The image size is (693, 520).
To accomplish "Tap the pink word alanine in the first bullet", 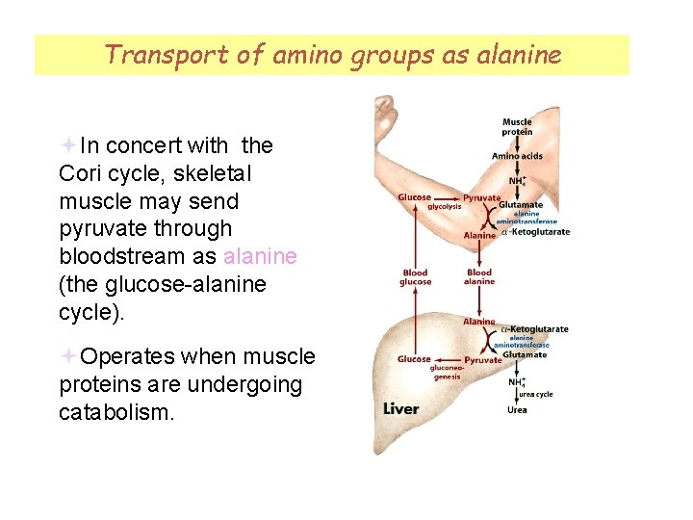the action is coord(260,257).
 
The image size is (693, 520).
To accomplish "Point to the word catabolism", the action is coord(115,412).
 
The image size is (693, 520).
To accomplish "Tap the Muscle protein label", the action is coord(517,126).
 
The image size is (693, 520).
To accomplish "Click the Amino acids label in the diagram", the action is coord(518,156).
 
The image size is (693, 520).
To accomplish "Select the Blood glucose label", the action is coord(415,277).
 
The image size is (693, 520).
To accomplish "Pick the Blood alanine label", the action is coord(479,277).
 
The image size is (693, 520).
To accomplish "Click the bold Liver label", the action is coord(401,408).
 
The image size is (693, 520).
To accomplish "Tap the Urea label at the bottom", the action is coord(517,410).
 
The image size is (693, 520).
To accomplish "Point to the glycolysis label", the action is coord(445,205).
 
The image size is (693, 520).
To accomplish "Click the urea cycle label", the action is coord(536,394).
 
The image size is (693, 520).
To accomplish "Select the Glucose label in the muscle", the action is coord(415,197).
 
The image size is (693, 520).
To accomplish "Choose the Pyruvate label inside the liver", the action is coord(482,359).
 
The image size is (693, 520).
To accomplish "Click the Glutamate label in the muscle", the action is coord(521,204).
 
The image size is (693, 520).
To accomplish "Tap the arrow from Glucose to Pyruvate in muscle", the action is coord(448,197).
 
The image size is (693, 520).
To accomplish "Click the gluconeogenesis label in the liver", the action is coord(446,373).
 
